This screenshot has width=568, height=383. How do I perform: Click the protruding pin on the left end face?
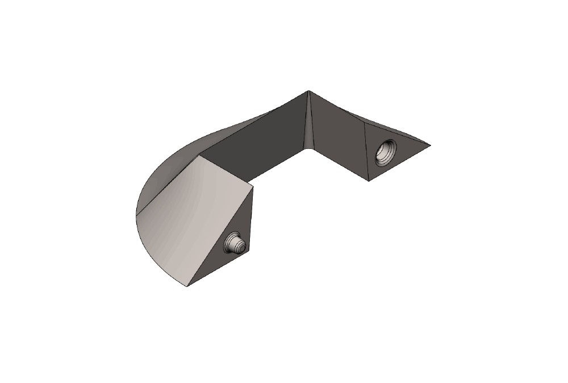click(235, 245)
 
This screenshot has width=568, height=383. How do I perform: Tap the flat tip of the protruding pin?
click(241, 247)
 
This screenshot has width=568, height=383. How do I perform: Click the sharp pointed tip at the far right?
click(430, 145)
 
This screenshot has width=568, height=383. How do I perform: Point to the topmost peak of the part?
click(308, 90)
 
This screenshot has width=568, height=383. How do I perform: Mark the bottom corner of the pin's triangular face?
click(187, 286)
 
